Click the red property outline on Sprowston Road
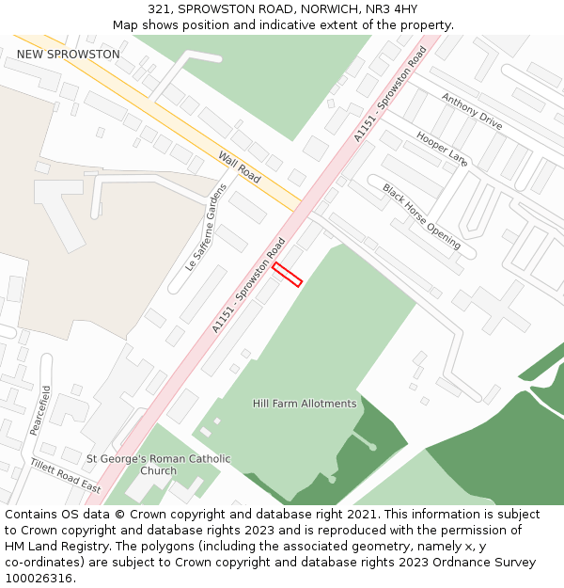[287, 274]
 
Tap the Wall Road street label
[240, 167]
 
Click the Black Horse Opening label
[421, 215]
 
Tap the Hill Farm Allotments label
[305, 404]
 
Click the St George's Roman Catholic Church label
[158, 465]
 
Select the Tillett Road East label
[65, 475]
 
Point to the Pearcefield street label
[40, 409]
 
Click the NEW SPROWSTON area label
[69, 55]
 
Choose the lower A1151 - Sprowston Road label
[248, 285]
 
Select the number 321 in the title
[159, 8]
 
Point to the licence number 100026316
[39, 578]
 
